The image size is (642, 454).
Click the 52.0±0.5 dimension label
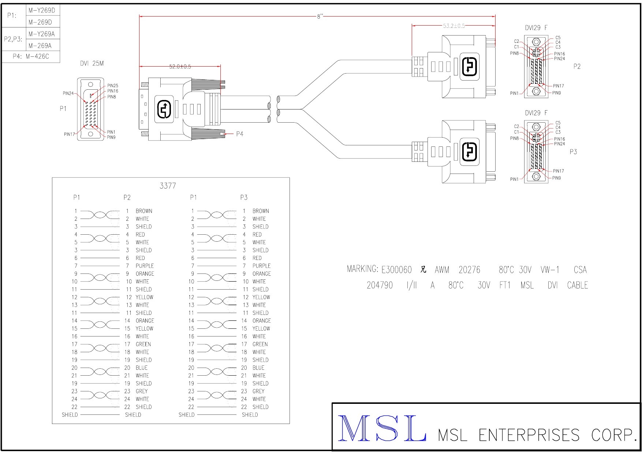[x=180, y=67]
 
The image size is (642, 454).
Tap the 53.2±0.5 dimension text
[x=453, y=26]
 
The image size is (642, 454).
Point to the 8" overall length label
[x=320, y=16]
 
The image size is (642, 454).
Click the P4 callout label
[x=239, y=134]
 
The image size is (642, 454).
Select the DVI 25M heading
[x=92, y=63]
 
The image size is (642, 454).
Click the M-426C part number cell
[x=37, y=56]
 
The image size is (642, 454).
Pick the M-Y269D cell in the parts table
[x=42, y=10]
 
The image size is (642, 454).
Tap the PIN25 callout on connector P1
[x=113, y=86]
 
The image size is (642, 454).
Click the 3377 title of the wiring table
[x=168, y=186]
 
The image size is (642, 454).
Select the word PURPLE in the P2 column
[x=145, y=266]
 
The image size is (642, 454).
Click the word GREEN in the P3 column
[x=260, y=344]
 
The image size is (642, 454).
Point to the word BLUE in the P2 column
[x=141, y=368]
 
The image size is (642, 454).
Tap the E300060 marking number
[x=396, y=270]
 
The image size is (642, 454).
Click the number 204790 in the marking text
[x=380, y=285]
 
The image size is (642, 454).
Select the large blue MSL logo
[x=382, y=428]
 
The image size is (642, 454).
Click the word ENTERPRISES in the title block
[x=529, y=435]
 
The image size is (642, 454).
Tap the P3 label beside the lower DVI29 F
[x=573, y=152]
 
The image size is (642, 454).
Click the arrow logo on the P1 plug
[x=164, y=109]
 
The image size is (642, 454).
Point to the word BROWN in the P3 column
[x=261, y=211]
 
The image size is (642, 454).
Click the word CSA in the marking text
[x=580, y=270]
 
